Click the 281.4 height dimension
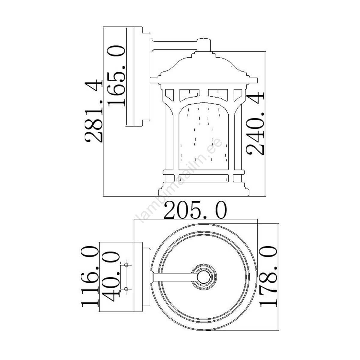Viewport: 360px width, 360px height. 93,111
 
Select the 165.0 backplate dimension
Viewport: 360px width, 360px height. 116,76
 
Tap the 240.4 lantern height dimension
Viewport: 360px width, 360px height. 255,124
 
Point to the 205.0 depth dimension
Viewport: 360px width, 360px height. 195,210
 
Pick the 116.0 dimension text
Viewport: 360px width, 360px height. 90,277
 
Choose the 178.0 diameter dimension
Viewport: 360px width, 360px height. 268,276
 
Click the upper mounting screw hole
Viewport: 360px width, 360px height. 126,265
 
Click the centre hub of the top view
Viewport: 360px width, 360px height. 204,277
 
